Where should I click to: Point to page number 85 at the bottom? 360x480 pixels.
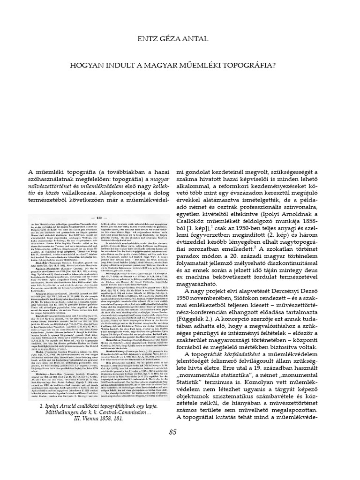click(180, 432)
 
